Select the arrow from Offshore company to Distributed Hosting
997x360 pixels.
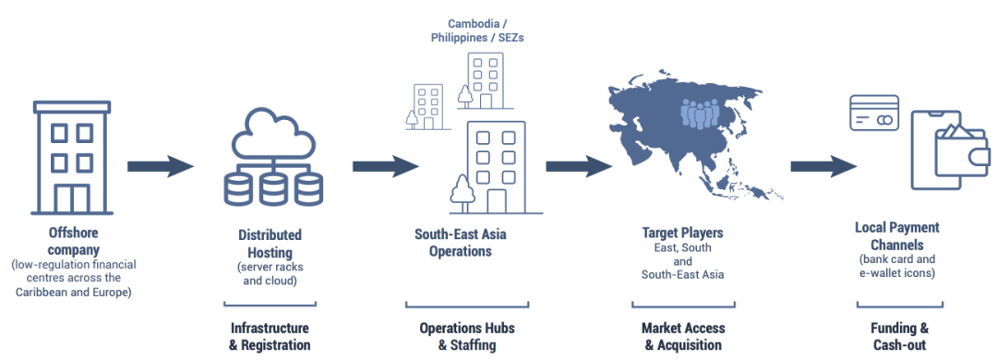[x=161, y=167]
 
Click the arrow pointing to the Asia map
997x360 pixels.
[x=579, y=167]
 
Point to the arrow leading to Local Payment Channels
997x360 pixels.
[x=823, y=167]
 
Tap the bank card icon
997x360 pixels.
[x=874, y=113]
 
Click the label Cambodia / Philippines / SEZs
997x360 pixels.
[x=477, y=30]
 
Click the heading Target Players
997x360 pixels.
[x=682, y=233]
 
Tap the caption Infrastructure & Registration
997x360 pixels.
[x=270, y=337]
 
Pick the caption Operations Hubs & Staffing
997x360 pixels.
[x=467, y=337]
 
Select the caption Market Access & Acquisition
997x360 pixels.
[x=683, y=337]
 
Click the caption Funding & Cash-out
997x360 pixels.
[x=899, y=337]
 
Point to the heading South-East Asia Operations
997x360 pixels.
[x=461, y=242]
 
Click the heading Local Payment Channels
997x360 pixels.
[x=896, y=236]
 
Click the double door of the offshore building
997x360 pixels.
[x=72, y=199]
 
